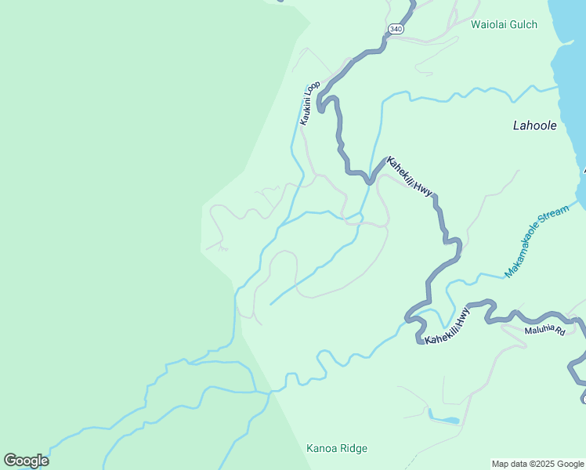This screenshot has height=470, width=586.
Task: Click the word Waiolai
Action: [x=490, y=25]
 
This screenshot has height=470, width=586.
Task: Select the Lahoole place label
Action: [x=534, y=125]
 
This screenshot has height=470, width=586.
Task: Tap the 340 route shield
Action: [x=396, y=29]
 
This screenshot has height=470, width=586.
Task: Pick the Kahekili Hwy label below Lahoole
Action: [x=410, y=175]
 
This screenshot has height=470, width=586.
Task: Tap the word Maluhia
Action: [x=540, y=329]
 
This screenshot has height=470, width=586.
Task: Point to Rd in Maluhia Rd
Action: [x=559, y=333]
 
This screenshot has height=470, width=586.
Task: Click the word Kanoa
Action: [x=320, y=449]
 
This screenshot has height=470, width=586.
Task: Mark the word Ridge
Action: [x=353, y=449]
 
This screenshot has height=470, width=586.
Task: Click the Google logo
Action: [x=26, y=461]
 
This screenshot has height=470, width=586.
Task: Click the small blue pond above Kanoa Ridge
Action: [x=444, y=420]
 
